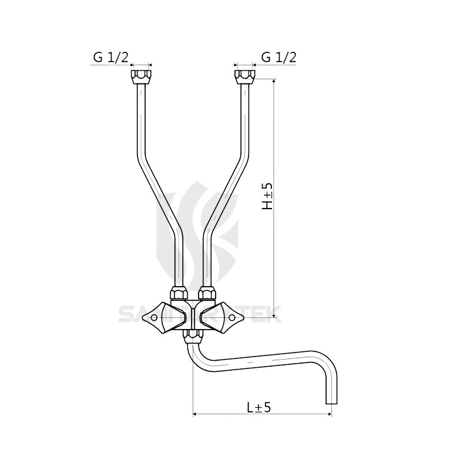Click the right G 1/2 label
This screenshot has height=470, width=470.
click(x=278, y=57)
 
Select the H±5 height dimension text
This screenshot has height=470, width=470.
click(x=267, y=196)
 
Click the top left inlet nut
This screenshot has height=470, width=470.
click(x=140, y=76)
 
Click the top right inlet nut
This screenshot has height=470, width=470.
click(x=244, y=76)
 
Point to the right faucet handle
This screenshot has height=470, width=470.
click(x=226, y=318)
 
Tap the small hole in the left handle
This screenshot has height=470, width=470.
click(x=154, y=318)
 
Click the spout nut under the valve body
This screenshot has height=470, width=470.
click(x=192, y=335)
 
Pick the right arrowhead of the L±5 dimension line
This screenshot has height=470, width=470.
click(x=328, y=415)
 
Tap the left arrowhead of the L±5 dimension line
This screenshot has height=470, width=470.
click(x=196, y=415)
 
